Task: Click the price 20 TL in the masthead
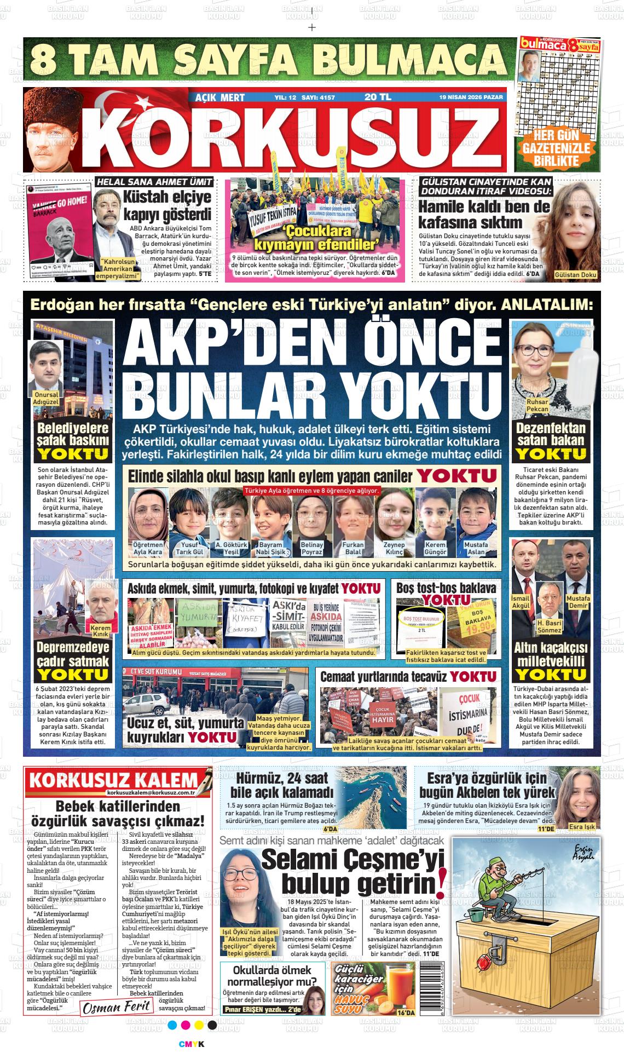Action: [378, 97]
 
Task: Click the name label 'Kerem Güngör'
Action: [435, 548]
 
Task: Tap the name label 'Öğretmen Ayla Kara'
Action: [148, 548]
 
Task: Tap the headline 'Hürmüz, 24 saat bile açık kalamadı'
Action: [282, 785]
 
